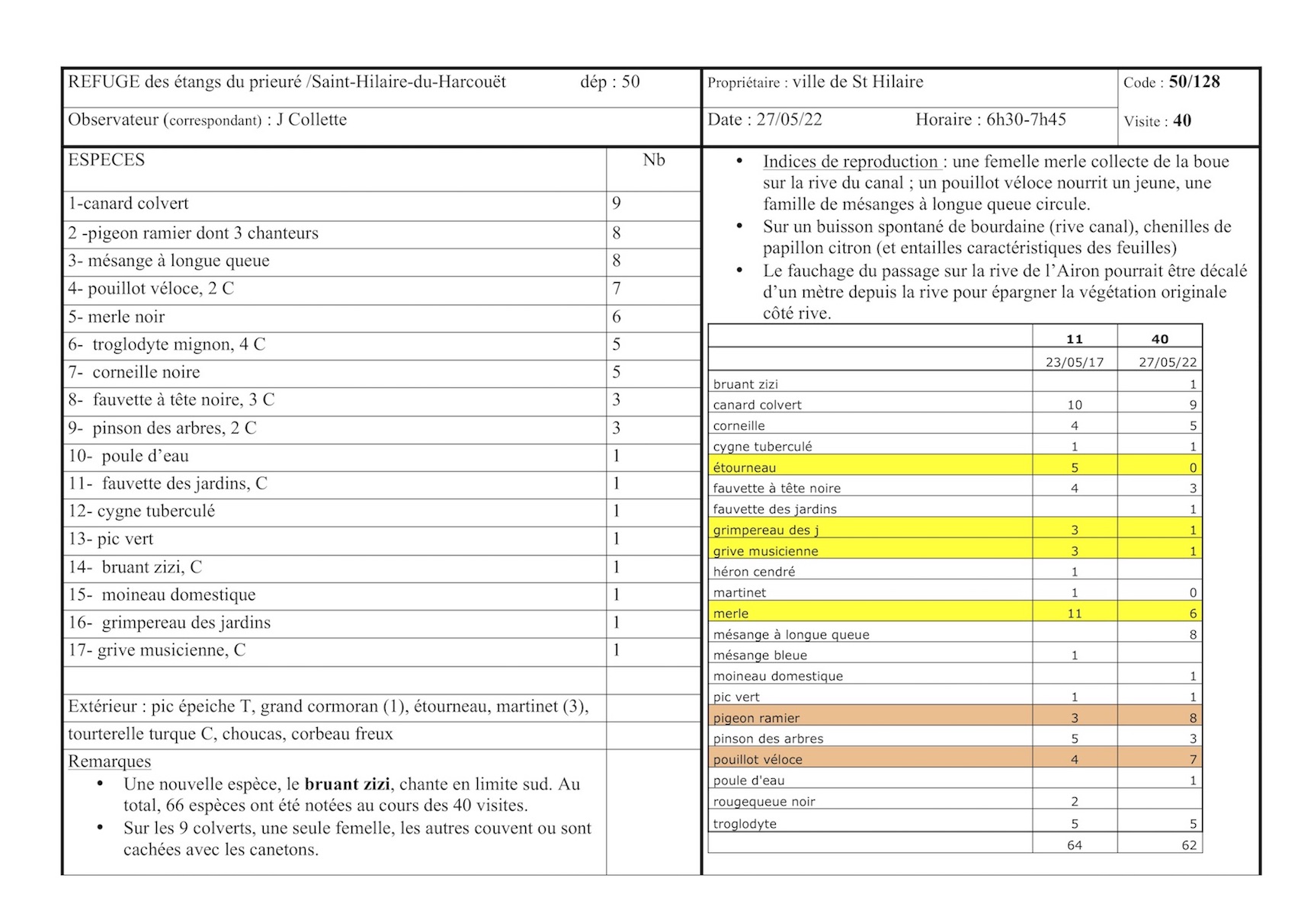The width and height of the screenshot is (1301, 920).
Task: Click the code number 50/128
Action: click(x=1194, y=82)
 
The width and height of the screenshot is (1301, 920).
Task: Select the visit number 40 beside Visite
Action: click(x=1182, y=121)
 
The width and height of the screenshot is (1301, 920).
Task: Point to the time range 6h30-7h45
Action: click(x=1026, y=120)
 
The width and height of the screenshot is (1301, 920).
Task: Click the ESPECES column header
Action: click(x=106, y=160)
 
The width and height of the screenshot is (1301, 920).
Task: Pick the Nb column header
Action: click(x=654, y=160)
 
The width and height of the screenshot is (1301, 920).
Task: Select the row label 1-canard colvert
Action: click(x=128, y=204)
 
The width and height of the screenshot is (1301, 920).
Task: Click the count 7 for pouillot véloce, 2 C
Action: click(x=617, y=289)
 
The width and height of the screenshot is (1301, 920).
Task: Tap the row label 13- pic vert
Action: click(x=111, y=539)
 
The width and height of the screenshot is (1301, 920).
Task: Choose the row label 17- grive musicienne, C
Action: click(x=157, y=650)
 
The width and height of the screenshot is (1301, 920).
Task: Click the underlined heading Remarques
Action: click(x=110, y=761)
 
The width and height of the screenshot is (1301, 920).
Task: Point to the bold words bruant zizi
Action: click(x=347, y=784)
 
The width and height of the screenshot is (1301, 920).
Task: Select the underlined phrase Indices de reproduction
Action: click(x=851, y=162)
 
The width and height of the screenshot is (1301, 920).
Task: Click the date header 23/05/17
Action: click(x=1075, y=362)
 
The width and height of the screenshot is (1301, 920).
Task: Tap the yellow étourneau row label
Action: click(x=745, y=467)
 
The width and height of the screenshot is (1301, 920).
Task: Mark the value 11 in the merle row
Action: click(x=1075, y=614)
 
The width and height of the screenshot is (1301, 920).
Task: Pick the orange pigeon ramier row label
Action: click(x=757, y=718)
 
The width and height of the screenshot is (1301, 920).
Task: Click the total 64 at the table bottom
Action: click(x=1075, y=845)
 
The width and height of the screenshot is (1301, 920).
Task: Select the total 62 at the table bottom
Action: click(x=1189, y=845)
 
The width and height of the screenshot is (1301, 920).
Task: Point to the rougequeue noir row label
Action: click(x=764, y=802)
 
